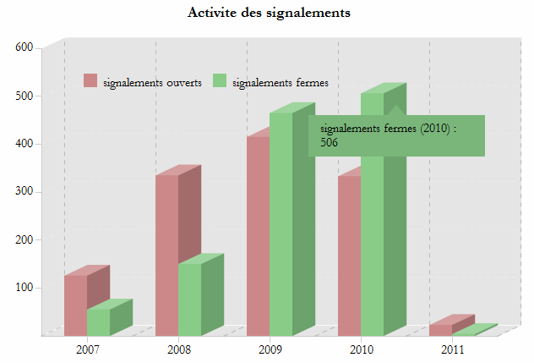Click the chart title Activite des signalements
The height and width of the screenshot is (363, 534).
pos(269,13)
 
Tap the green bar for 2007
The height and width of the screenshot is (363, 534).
pos(98,322)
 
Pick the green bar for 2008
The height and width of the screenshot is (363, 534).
pos(189,300)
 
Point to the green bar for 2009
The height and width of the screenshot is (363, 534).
pos(281,224)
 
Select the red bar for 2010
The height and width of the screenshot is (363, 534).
pos(349,254)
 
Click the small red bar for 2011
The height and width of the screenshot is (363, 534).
pos(440,329)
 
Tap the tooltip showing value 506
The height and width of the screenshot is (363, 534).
pos(395,135)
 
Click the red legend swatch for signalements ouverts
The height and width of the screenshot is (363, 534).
pos(90,81)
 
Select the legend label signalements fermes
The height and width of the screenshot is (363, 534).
pos(280,82)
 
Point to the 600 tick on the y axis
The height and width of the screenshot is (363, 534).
pos(24,47)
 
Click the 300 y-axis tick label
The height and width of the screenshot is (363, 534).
pos(24,191)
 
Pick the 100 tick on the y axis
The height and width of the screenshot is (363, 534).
pos(24,288)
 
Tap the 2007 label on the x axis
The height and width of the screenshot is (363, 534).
pos(88,349)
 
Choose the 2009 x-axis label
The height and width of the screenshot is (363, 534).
pos(270,349)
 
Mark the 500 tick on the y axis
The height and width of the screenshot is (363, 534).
pos(24,96)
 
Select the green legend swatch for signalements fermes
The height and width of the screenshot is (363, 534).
pos(220,81)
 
